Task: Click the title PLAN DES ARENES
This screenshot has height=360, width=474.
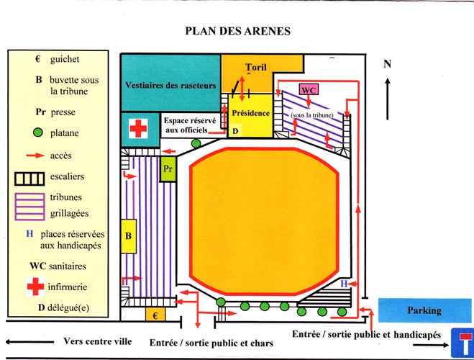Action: [237, 31]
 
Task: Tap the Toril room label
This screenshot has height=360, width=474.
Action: [255, 67]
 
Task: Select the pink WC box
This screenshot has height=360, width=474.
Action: [309, 90]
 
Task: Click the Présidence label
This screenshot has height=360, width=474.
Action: [250, 113]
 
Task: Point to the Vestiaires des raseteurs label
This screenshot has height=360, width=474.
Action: [170, 85]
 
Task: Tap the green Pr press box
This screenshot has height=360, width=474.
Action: [168, 168]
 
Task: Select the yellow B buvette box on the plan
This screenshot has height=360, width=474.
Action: [129, 235]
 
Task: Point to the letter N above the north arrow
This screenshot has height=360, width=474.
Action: [388, 63]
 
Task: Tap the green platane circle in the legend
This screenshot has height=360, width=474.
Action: [40, 133]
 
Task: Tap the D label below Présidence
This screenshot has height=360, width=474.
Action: [235, 131]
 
